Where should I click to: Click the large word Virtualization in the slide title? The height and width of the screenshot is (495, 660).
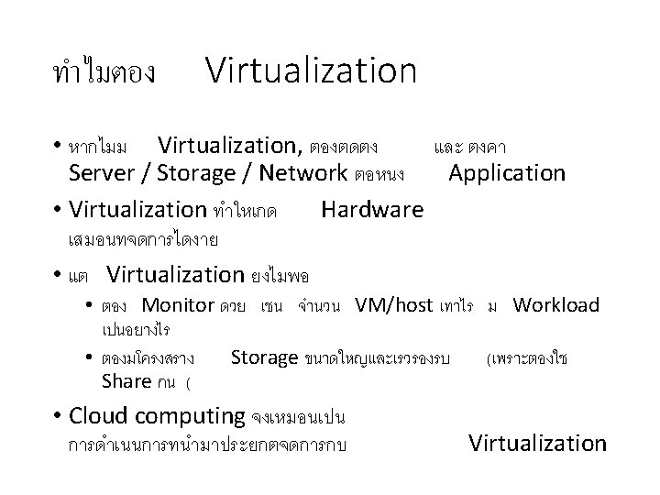[311, 71]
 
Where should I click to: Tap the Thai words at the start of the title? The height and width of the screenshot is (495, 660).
[105, 72]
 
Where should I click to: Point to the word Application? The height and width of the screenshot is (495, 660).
[507, 172]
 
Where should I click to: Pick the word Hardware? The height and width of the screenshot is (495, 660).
[372, 210]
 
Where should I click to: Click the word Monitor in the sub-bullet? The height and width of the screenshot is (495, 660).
[178, 305]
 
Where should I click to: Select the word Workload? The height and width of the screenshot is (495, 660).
[555, 305]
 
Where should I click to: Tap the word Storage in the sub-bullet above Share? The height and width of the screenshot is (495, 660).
[265, 357]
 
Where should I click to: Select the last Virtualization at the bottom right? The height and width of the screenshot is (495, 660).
[537, 444]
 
